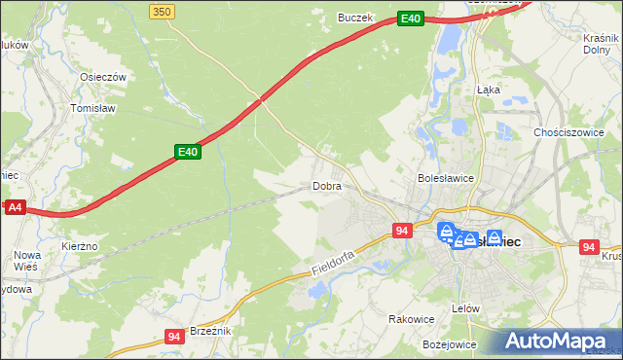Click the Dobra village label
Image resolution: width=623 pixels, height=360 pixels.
(326, 185)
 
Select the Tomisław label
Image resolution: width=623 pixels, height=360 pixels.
(93, 109)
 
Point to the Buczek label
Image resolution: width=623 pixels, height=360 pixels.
(355, 18)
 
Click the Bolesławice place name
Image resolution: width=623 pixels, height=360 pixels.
(445, 178)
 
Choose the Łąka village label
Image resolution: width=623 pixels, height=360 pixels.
(488, 89)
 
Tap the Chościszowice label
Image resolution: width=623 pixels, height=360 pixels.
(566, 132)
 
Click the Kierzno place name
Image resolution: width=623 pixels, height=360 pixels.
(80, 247)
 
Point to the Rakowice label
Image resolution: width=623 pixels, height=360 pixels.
(411, 319)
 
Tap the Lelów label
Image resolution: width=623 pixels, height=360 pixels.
(467, 308)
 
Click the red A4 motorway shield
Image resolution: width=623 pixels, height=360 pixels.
(14, 207)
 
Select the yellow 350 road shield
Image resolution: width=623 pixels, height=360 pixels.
(163, 11)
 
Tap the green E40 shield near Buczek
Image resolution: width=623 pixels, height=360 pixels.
(411, 18)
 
